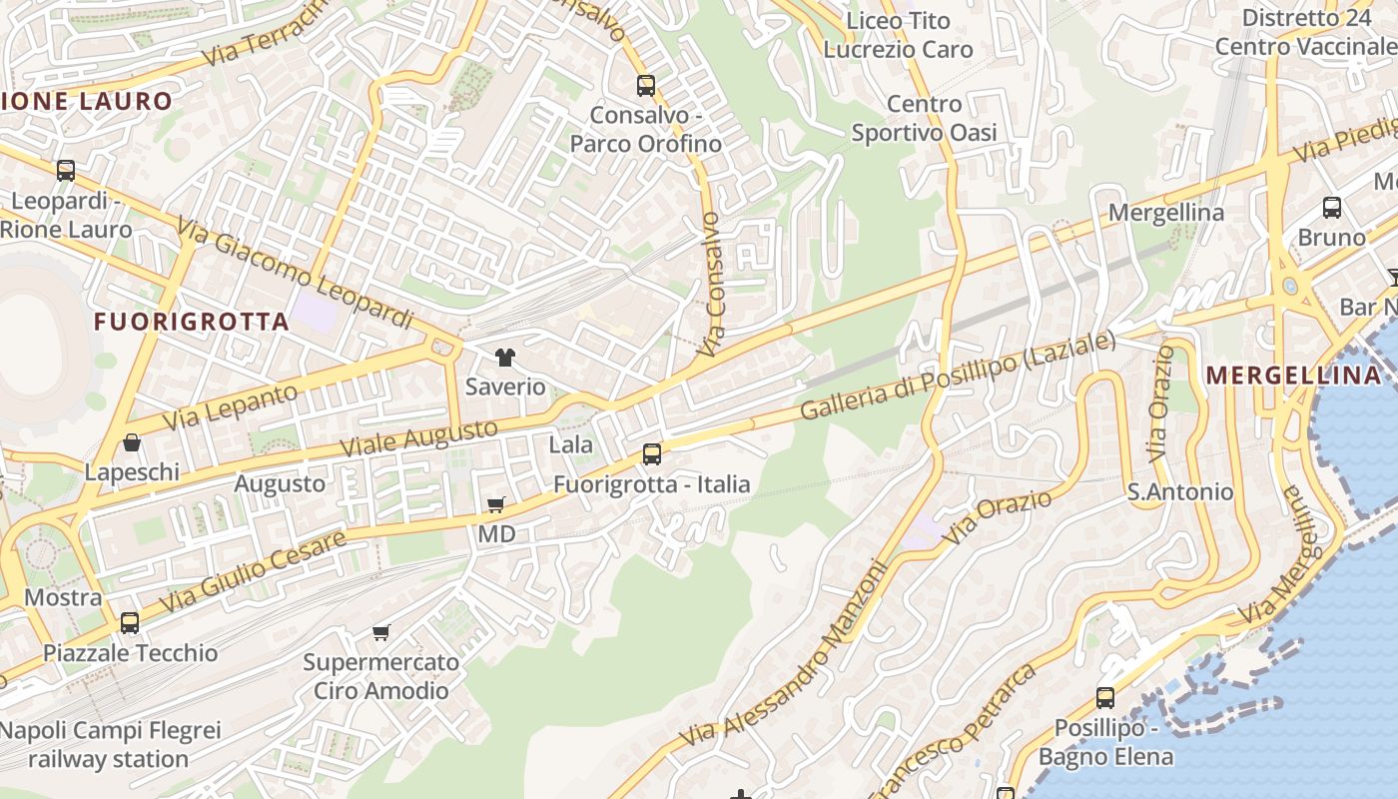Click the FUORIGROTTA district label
point(191,322)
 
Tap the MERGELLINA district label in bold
point(1294,376)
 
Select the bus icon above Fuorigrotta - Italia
point(652,454)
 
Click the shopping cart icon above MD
point(496,505)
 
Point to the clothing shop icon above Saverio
point(505,358)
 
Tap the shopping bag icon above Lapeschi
point(132,442)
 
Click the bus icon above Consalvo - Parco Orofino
point(646,86)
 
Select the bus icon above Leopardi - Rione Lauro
point(66,171)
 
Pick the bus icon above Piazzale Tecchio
point(130,623)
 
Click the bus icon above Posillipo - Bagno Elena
point(1105,698)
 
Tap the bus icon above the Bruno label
point(1332,208)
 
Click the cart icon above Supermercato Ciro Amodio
point(380,632)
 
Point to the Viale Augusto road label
point(418,438)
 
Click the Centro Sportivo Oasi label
point(924,118)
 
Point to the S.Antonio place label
point(1179,491)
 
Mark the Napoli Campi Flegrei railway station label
point(109,744)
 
